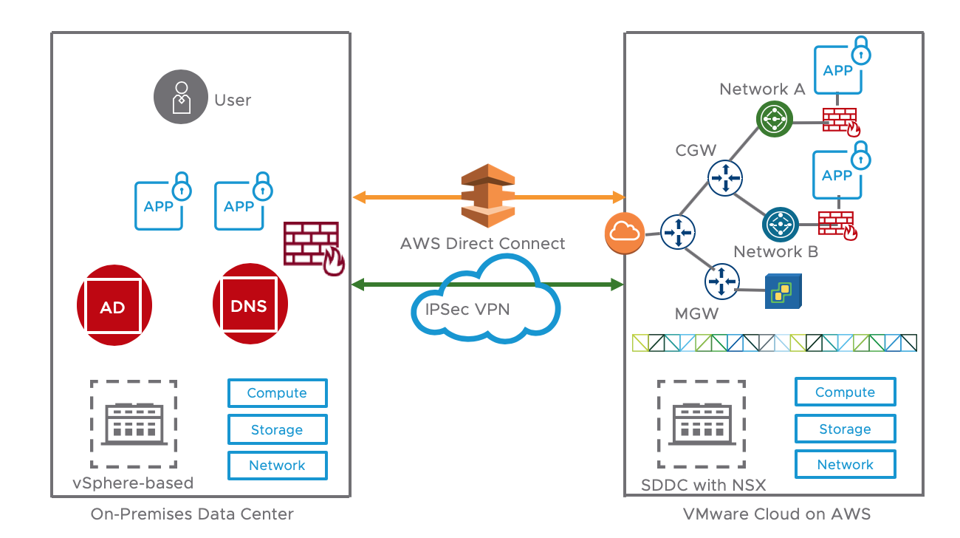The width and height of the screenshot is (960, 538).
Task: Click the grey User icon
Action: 179,98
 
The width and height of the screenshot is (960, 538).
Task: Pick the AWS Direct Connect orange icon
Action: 487,197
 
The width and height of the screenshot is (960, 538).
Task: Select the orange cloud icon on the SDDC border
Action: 624,232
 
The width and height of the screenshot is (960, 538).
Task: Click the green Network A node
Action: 775,118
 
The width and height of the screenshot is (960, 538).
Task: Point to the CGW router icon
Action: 724,177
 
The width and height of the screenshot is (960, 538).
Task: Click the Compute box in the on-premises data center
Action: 277,393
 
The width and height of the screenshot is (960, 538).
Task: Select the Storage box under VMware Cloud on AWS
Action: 845,429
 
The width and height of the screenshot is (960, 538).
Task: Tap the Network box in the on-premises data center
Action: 277,466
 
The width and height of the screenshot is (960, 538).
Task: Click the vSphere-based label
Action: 133,484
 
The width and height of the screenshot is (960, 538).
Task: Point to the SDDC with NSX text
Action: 704,486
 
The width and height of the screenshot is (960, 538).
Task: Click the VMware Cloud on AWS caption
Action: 776,514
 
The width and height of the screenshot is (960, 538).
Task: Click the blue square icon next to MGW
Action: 781,292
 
